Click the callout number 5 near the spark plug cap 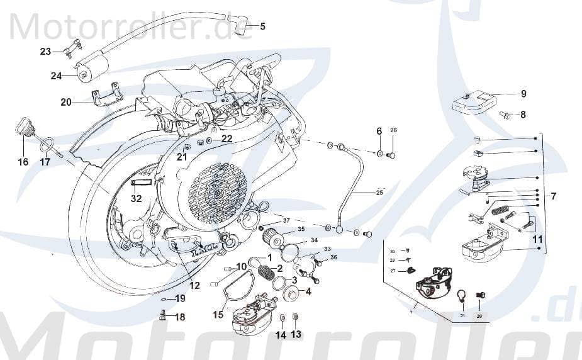pos(262,26)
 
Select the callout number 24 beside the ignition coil pos(57,76)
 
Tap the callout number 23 pos(45,52)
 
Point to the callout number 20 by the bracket pos(66,102)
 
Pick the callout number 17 pos(45,162)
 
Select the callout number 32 pos(137,199)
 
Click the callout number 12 pos(194,285)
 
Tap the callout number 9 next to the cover pos(523,94)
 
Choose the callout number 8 pos(523,115)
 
